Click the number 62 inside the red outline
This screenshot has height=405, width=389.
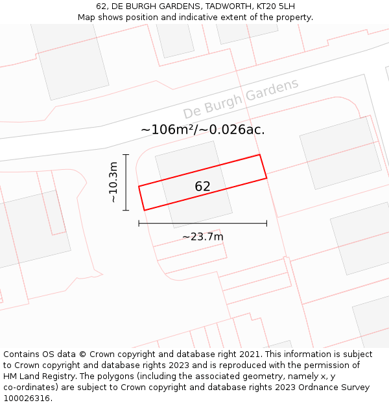(202, 187)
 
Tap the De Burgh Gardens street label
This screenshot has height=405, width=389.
(241, 98)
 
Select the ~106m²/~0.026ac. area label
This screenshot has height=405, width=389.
(202, 130)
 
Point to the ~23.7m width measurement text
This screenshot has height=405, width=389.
(202, 237)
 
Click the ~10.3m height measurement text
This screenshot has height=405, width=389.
(113, 183)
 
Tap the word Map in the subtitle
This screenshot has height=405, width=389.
(88, 17)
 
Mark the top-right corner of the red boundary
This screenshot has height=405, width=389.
(259, 155)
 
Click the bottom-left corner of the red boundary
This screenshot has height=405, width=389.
(144, 210)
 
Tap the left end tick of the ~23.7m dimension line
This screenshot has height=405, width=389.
(139, 224)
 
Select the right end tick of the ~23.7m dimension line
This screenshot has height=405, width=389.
(266, 224)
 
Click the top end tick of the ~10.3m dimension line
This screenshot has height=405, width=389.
(126, 155)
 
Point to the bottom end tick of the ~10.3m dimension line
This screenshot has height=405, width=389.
(126, 211)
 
